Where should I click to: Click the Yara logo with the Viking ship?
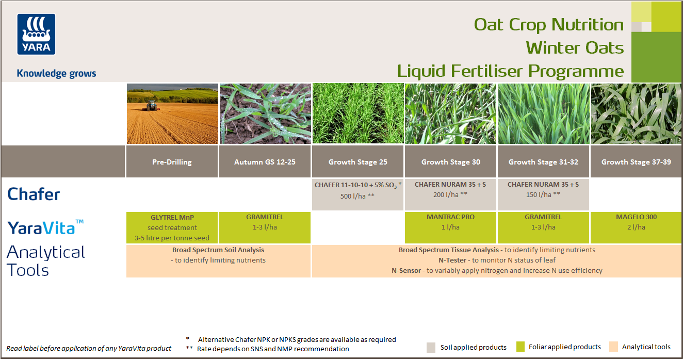[x=36, y=34]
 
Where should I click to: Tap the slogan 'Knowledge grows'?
[x=56, y=73]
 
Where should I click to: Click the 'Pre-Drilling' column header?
[x=172, y=162]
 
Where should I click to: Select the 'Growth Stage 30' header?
[x=450, y=162]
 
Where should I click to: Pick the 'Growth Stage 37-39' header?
[x=636, y=162]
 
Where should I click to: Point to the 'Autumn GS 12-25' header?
[x=265, y=162]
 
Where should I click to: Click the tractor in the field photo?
[x=152, y=105]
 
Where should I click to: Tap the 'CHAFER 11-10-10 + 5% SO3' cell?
[x=358, y=185]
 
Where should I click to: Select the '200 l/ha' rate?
[x=450, y=195]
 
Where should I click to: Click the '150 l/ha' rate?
[x=543, y=195]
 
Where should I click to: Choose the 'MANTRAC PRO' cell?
[x=450, y=217]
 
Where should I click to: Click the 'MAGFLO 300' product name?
[x=636, y=217]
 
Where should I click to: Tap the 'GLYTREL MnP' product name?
[x=172, y=217]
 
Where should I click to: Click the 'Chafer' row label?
[x=34, y=194]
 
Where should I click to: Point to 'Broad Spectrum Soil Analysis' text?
[x=218, y=250]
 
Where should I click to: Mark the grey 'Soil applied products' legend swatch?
[x=431, y=347]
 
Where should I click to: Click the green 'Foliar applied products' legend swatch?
[x=520, y=347]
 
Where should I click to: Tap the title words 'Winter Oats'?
[x=575, y=48]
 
